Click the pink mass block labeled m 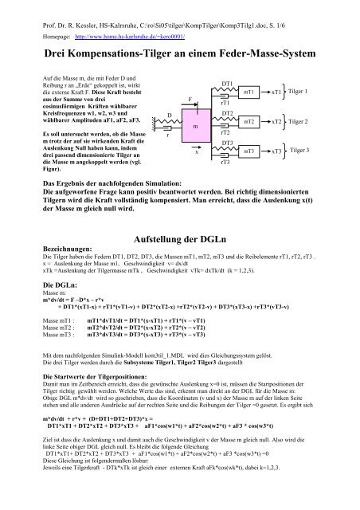pos(194,127)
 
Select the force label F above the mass pos(189,98)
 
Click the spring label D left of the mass pos(168,116)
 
